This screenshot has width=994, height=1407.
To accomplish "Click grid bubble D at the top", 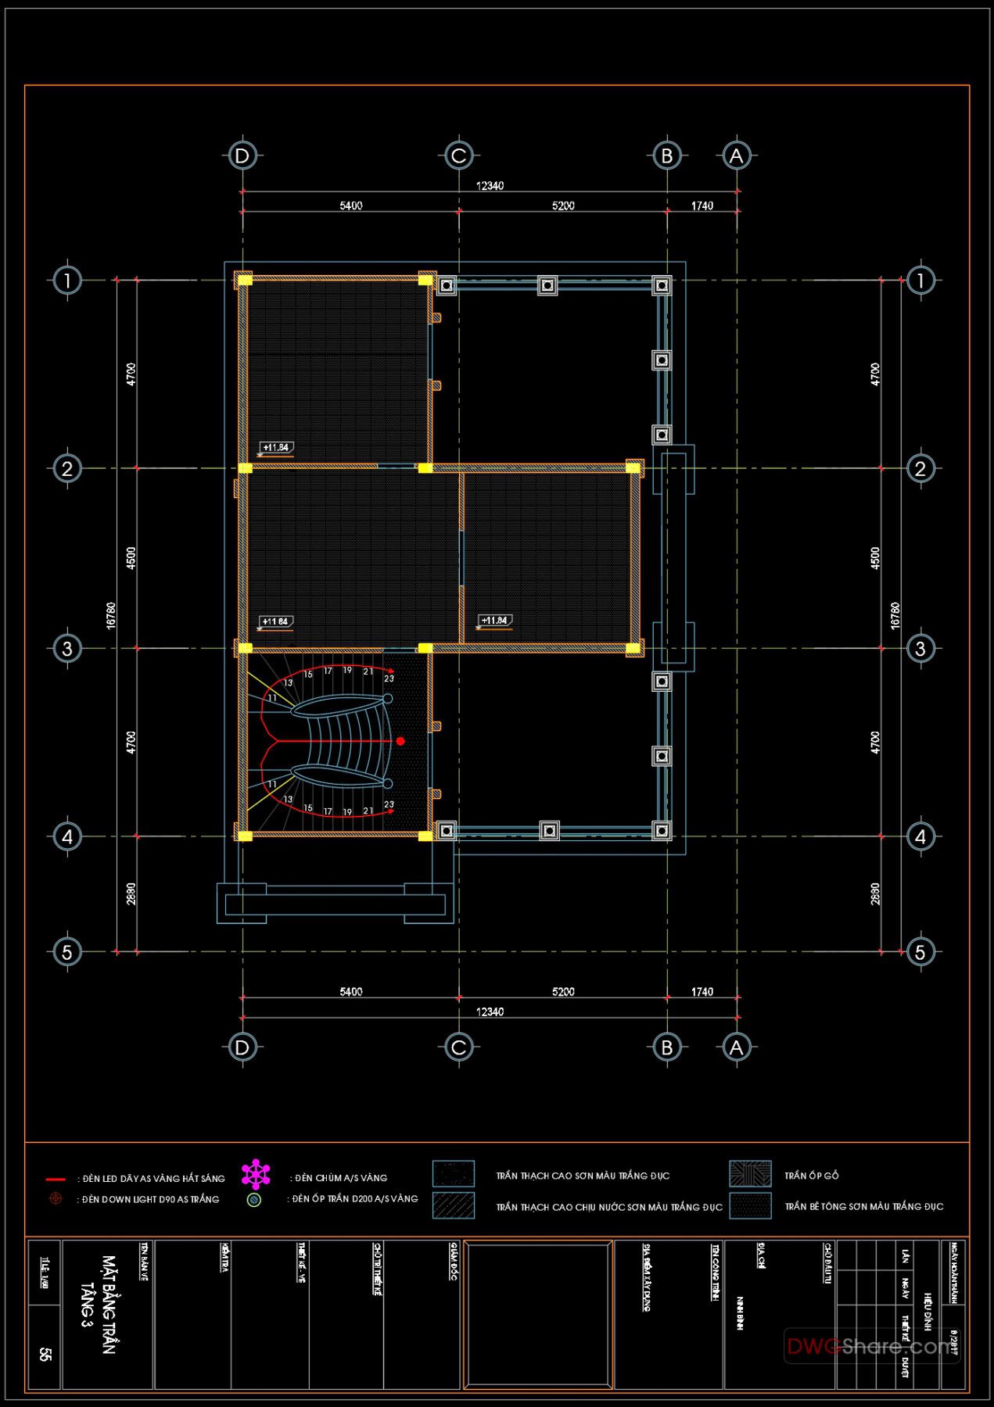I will (242, 156).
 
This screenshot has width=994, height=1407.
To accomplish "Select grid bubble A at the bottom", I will (736, 1047).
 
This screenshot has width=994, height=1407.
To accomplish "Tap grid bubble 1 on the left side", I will (67, 280).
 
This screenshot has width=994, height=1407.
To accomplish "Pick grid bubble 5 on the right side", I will (920, 951).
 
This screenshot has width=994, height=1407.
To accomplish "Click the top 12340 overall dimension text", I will (490, 186).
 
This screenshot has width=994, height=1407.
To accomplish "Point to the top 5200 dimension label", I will (563, 206).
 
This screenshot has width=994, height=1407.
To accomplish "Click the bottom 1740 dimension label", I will (702, 991).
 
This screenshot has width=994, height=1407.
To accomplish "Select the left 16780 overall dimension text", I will (111, 615).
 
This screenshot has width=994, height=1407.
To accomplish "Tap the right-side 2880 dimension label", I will (875, 893).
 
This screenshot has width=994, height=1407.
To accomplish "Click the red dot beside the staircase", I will (400, 741).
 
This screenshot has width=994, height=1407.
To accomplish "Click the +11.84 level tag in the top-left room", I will (275, 448).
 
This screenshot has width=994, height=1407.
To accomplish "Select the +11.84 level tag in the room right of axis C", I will (494, 621).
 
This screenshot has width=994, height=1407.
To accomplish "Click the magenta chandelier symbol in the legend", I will (256, 1174).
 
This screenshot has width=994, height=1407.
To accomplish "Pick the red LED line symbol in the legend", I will (56, 1179).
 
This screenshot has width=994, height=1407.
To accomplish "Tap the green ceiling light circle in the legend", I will (253, 1199).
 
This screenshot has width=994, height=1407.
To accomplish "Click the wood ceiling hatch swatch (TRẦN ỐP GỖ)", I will (750, 1174).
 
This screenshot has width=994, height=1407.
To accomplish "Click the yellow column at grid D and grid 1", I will (245, 280).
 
